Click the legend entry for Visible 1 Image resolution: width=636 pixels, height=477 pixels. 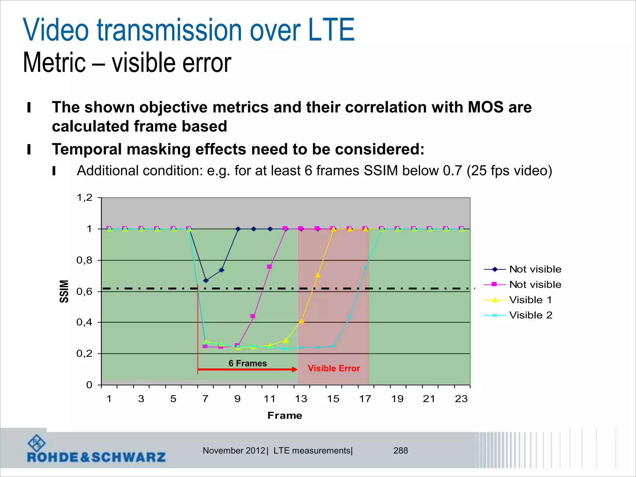(x=530, y=300)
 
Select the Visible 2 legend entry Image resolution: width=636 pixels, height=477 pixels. (x=530, y=315)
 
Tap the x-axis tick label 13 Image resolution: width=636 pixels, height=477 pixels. (x=301, y=399)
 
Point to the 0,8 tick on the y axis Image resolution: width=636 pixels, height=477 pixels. (x=84, y=260)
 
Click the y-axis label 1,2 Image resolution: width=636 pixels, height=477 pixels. (x=84, y=198)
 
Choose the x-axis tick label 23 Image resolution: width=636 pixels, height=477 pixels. (x=461, y=399)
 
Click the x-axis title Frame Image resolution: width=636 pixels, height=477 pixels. (x=285, y=416)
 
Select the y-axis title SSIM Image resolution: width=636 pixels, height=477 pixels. (x=64, y=291)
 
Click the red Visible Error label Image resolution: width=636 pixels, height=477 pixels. (x=334, y=368)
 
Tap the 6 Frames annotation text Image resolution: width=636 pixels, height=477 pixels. (x=248, y=363)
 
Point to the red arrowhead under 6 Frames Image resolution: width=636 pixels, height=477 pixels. (x=295, y=369)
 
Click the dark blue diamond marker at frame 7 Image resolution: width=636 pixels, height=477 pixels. (x=206, y=280)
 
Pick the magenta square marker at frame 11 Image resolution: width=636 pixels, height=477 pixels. (x=269, y=267)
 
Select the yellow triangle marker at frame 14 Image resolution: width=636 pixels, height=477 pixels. (x=318, y=275)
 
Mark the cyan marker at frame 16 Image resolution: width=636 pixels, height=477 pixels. (x=350, y=317)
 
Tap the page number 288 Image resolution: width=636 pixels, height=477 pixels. (x=401, y=451)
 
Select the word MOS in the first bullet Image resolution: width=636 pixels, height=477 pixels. (x=485, y=107)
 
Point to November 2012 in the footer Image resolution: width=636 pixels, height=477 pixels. (x=234, y=451)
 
